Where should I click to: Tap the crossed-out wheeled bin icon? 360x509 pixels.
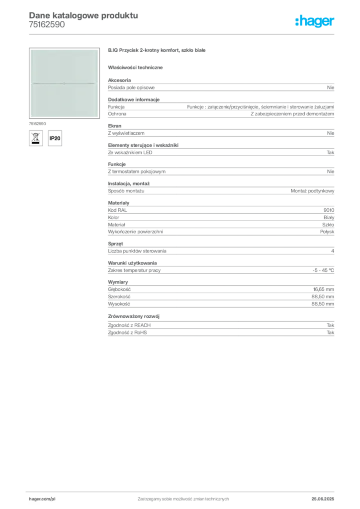coord(35,138)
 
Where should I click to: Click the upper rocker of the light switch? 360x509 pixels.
coord(64,66)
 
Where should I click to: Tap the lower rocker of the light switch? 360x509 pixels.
coord(64,100)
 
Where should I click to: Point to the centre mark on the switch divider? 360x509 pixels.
coord(64,84)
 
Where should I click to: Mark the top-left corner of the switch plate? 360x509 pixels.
coord(31,50)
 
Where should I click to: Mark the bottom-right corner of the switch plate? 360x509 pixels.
coord(97,117)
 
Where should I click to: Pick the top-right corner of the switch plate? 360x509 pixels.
coord(97,50)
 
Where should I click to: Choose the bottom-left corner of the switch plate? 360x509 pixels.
coord(31,117)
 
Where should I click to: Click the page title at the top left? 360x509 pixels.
coord(83,15)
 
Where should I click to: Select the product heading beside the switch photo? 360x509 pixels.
coord(157,51)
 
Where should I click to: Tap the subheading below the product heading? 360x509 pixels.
coord(137,68)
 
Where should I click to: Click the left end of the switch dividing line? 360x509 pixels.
coord(33,84)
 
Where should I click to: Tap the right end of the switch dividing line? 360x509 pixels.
coord(95,84)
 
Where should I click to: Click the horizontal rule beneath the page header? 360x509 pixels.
coord(183,34)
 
